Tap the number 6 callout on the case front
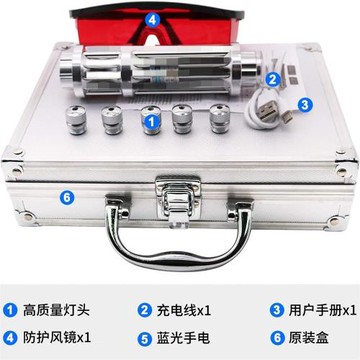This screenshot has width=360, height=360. pyautogui.click(x=39, y=196)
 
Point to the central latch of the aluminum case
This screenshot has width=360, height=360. pyautogui.click(x=180, y=185)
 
